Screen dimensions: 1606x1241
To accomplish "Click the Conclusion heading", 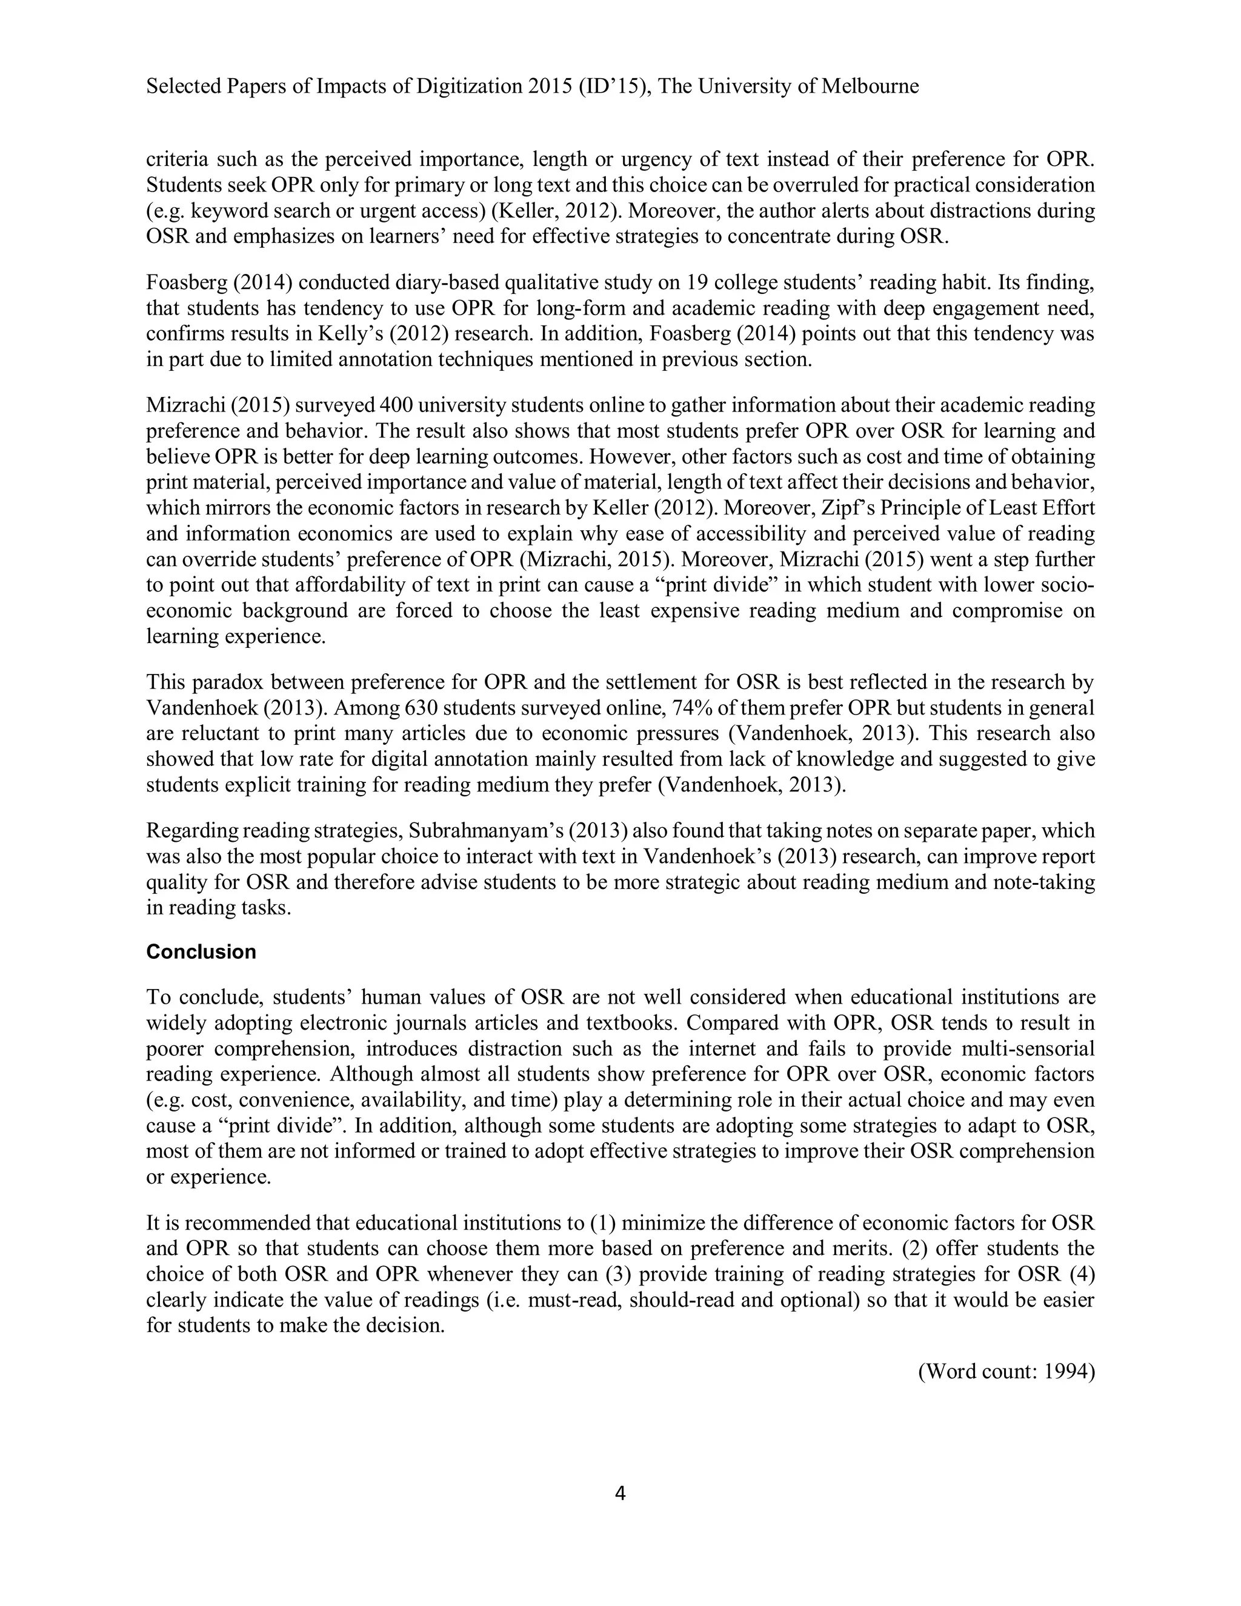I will (x=201, y=951).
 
